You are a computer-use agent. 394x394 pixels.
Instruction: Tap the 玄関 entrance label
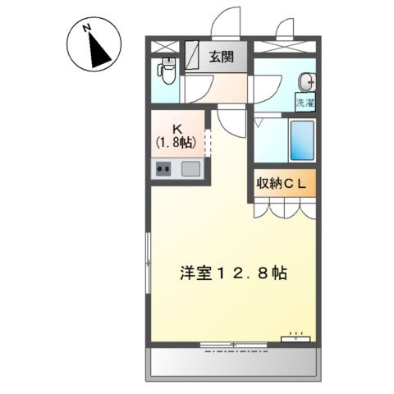219,57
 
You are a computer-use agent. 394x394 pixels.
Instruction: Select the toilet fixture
167,74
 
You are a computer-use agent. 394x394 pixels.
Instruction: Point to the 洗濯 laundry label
305,104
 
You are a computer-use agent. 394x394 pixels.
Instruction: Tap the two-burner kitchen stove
163,170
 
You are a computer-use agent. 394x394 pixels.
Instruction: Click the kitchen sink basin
190,170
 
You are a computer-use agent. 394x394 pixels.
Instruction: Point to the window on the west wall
149,259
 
